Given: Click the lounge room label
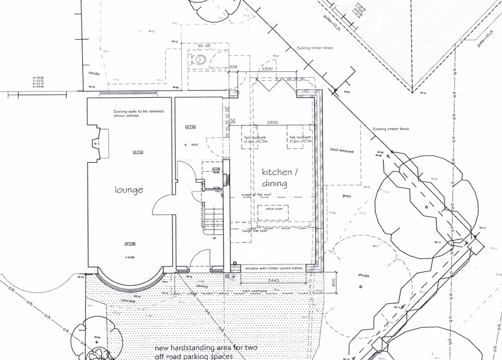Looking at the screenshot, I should point(129,190).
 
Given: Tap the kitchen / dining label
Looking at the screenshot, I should point(274,178).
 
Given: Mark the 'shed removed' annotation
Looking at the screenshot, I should point(341,151).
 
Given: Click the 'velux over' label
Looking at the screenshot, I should point(273,208).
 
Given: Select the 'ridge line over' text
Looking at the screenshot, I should point(255,230).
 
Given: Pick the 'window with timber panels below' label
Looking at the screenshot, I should point(274,267).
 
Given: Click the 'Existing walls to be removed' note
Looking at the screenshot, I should point(138,113).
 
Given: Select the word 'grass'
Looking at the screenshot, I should point(346,196).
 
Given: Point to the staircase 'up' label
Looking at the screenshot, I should point(215,238).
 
